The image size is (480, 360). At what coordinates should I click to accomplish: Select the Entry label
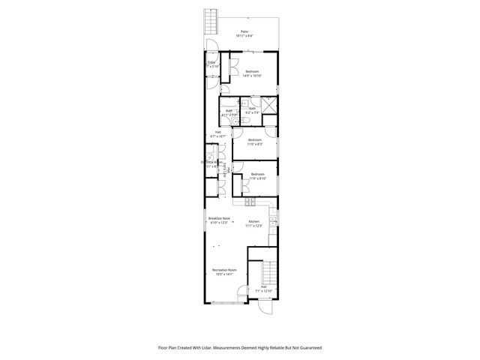pos(212,64)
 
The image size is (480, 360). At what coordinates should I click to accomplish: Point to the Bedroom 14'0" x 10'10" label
pos(253,73)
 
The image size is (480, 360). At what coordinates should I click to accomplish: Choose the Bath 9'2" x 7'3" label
pos(252,111)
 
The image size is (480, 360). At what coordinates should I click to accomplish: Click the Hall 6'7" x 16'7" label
pos(218,133)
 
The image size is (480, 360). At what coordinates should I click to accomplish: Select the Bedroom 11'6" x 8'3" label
pos(255,141)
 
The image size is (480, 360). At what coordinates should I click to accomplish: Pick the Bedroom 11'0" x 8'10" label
pos(257,177)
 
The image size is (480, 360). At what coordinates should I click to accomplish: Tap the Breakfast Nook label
pos(219,220)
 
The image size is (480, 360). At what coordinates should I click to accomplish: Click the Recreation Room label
pos(224,271)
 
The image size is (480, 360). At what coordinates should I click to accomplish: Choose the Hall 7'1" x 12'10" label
pos(264,289)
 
